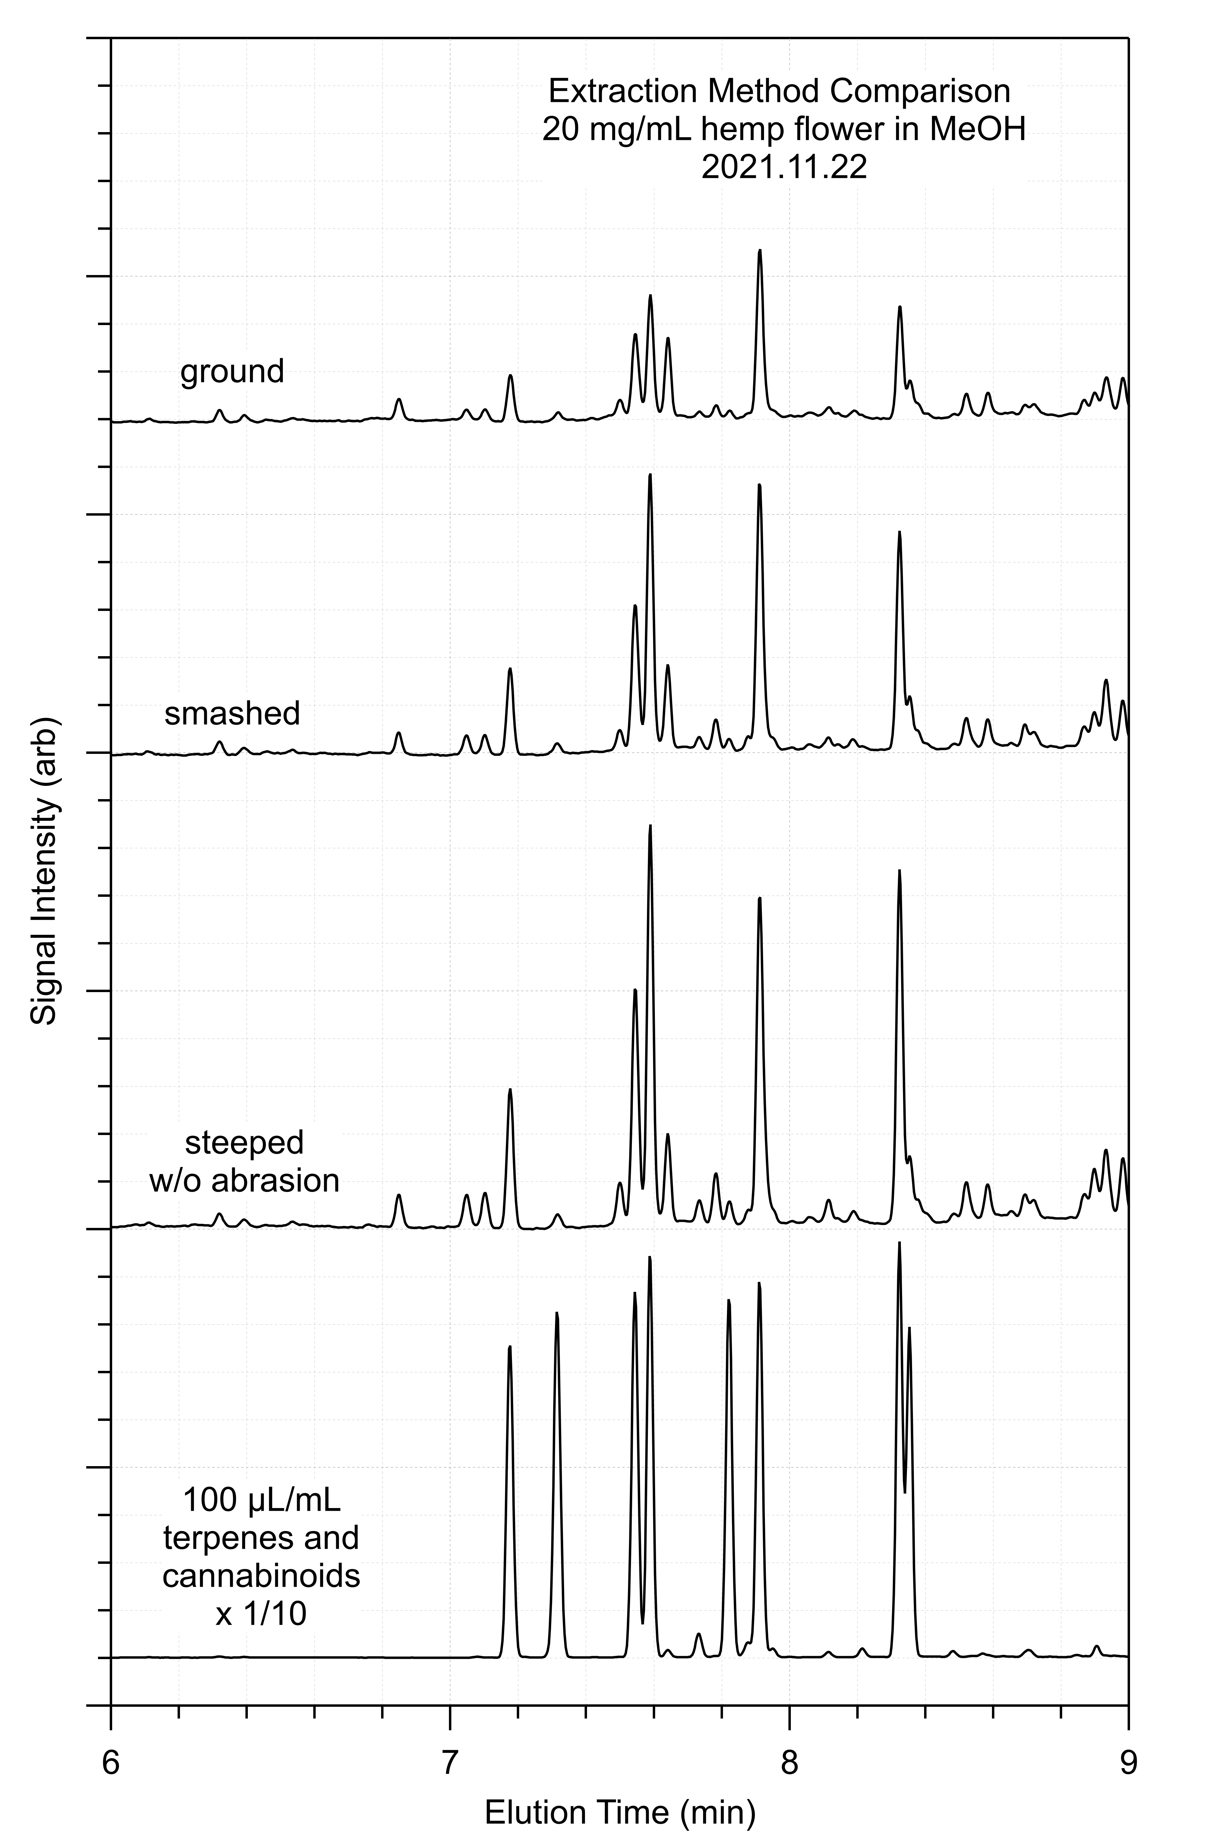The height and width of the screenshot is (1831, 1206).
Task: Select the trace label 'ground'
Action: click(232, 372)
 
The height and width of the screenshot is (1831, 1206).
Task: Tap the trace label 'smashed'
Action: click(232, 714)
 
